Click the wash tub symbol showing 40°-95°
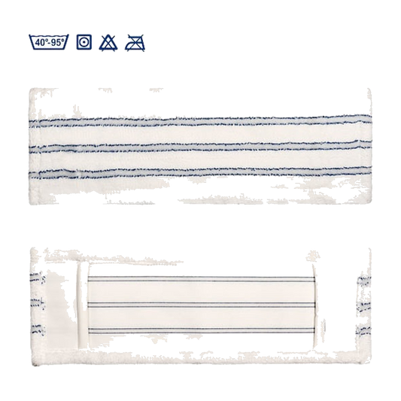click(49, 41)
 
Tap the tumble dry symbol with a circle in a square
click(84, 42)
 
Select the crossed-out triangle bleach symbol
click(108, 43)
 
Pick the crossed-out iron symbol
click(135, 43)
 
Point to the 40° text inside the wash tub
click(41, 42)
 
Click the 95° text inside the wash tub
click(56, 42)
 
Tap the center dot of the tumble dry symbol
click(84, 42)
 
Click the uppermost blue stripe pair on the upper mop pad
click(200, 121)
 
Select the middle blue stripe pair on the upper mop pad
click(200, 147)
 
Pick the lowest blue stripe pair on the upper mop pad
click(200, 172)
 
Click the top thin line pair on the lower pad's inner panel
click(201, 279)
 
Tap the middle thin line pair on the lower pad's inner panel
click(201, 305)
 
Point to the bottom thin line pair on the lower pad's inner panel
click(201, 331)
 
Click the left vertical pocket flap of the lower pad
click(82, 305)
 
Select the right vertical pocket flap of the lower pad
click(314, 305)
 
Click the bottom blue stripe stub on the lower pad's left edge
click(38, 330)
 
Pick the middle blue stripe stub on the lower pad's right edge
click(363, 306)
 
